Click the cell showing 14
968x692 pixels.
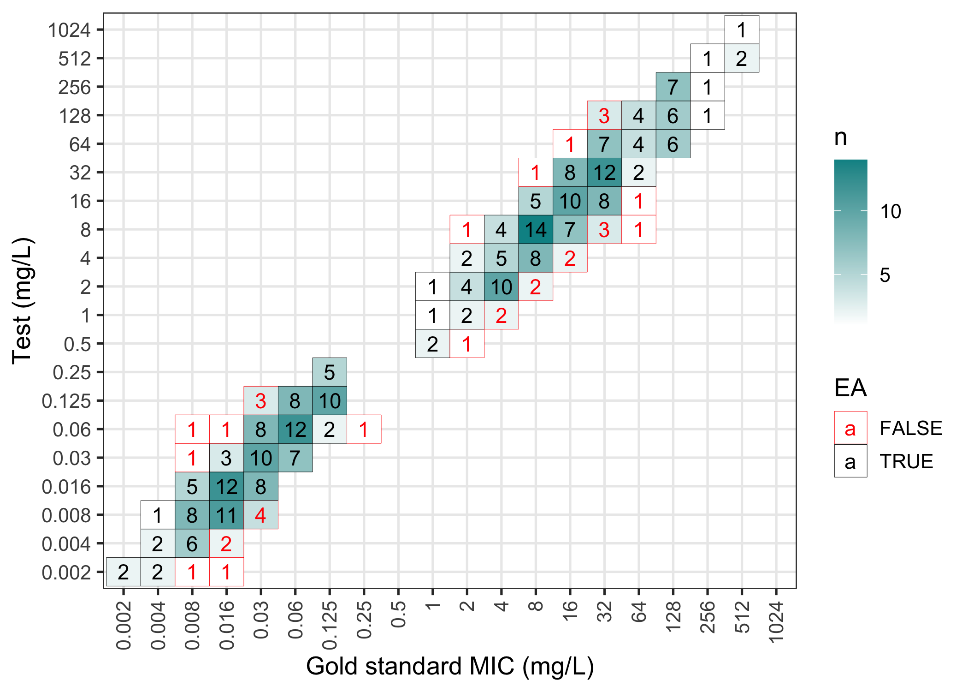coord(535,229)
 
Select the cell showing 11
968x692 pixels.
coord(226,515)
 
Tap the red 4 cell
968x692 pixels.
coord(260,515)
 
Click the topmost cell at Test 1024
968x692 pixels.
coord(741,30)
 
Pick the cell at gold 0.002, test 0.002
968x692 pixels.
coord(123,572)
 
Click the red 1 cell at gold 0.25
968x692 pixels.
coord(364,429)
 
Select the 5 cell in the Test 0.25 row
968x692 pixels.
coord(329,372)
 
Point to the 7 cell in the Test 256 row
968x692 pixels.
coord(673,87)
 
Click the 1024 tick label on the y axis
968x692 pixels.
coord(70,30)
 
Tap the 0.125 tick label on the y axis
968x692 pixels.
coord(66,401)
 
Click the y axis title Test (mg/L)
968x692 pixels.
coord(22,301)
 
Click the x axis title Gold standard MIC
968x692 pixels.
coord(450,666)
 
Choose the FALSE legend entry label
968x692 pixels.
coord(910,428)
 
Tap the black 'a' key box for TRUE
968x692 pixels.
coord(850,461)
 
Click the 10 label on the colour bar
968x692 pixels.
coord(891,211)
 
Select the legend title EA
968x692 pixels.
coord(850,388)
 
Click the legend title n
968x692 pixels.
coord(840,137)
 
